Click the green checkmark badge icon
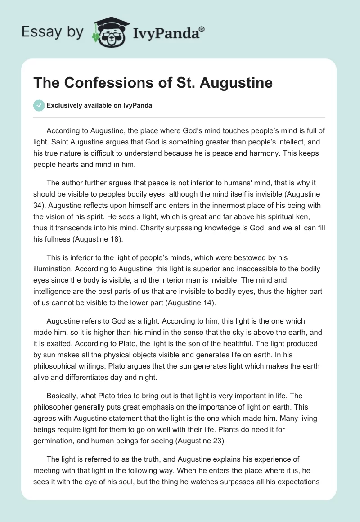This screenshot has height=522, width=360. tap(38, 105)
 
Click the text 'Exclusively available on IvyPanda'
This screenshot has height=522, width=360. tap(99, 106)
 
